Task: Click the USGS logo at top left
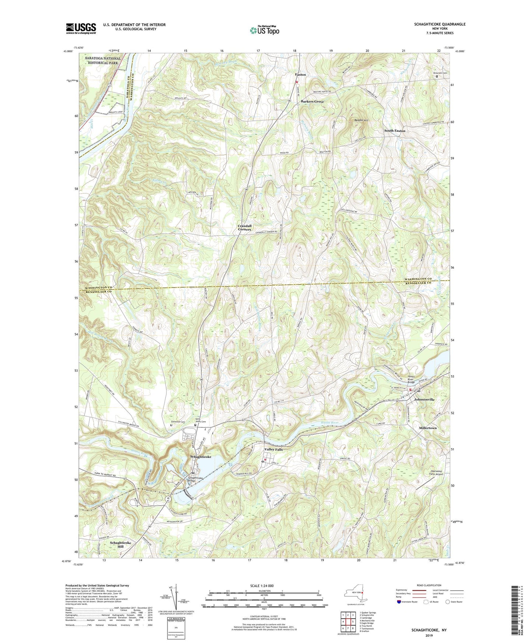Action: pos(81,28)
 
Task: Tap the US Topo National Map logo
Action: pos(264,30)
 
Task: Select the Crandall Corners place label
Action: pos(244,228)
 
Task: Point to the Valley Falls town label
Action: pos(274,450)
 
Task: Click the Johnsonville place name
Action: pos(424,400)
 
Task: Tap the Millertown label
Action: pos(428,428)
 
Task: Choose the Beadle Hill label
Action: pos(361,120)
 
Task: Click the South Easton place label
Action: pos(395,131)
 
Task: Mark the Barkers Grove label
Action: pos(312,101)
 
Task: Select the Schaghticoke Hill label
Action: pos(120,545)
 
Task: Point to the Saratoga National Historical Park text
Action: pos(103,60)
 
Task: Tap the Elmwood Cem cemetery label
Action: pos(177,422)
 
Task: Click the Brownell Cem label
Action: pos(440,73)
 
